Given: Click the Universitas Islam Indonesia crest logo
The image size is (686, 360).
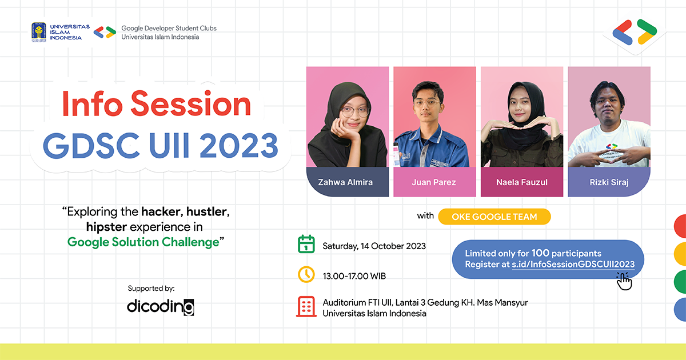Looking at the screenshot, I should [x=39, y=33].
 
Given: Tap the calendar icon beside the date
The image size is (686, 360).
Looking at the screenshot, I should [x=306, y=245].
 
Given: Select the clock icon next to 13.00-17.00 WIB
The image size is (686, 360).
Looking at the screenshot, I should [x=306, y=275].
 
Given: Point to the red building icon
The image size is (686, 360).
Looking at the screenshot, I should [x=306, y=307].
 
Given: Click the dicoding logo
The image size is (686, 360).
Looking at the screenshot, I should [x=161, y=307].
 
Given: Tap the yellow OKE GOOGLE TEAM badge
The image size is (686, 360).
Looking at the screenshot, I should [x=494, y=217].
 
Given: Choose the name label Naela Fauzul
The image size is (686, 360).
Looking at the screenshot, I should [x=521, y=182].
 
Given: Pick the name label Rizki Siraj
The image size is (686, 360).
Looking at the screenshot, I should [x=609, y=182].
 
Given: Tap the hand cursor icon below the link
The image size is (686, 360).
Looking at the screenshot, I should [x=624, y=281].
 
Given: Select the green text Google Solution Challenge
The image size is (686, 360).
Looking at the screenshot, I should [x=143, y=242].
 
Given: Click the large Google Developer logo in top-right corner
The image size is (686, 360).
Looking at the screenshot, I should [x=635, y=32].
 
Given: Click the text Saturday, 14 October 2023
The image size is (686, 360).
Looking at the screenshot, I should [x=374, y=246].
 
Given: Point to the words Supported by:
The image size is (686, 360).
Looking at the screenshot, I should [x=151, y=288].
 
